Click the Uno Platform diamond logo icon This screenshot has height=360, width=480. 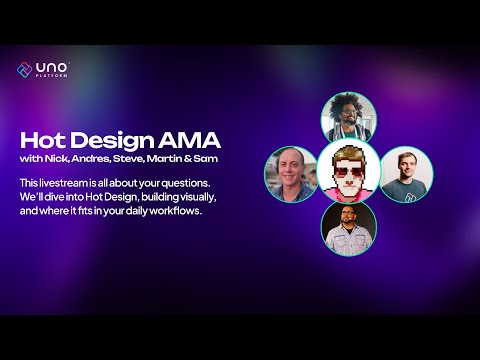click(x=25, y=69)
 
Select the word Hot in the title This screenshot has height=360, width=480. click(x=38, y=141)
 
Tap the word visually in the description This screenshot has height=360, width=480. click(x=191, y=197)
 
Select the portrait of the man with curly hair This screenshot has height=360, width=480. click(x=349, y=118)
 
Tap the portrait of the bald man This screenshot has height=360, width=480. click(x=290, y=174)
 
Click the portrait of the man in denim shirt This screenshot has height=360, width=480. click(x=349, y=229)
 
